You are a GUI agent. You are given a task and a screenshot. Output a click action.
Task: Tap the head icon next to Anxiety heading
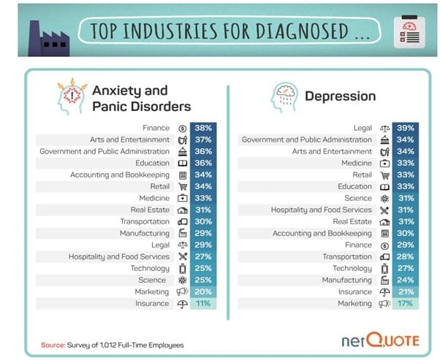(x=70, y=96)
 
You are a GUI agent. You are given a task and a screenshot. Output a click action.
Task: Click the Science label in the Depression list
(x=358, y=198)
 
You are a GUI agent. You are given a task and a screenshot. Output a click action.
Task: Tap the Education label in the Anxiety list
(x=152, y=163)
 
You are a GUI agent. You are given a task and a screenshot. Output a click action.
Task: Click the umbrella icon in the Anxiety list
(x=182, y=303)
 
